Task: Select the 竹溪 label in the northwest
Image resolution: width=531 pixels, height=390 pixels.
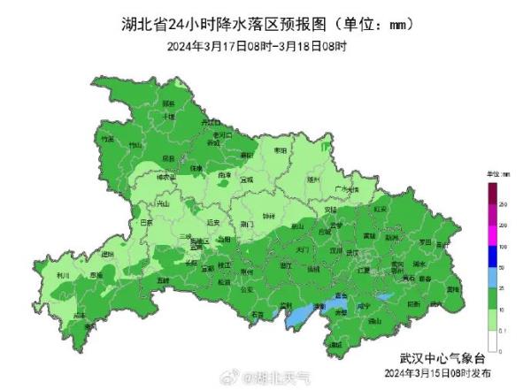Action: (108, 140)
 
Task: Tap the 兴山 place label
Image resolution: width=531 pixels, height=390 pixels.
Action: (162, 203)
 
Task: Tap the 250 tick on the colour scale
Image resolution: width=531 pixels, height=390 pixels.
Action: (502, 203)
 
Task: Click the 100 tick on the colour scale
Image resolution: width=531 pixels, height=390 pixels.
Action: (502, 246)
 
